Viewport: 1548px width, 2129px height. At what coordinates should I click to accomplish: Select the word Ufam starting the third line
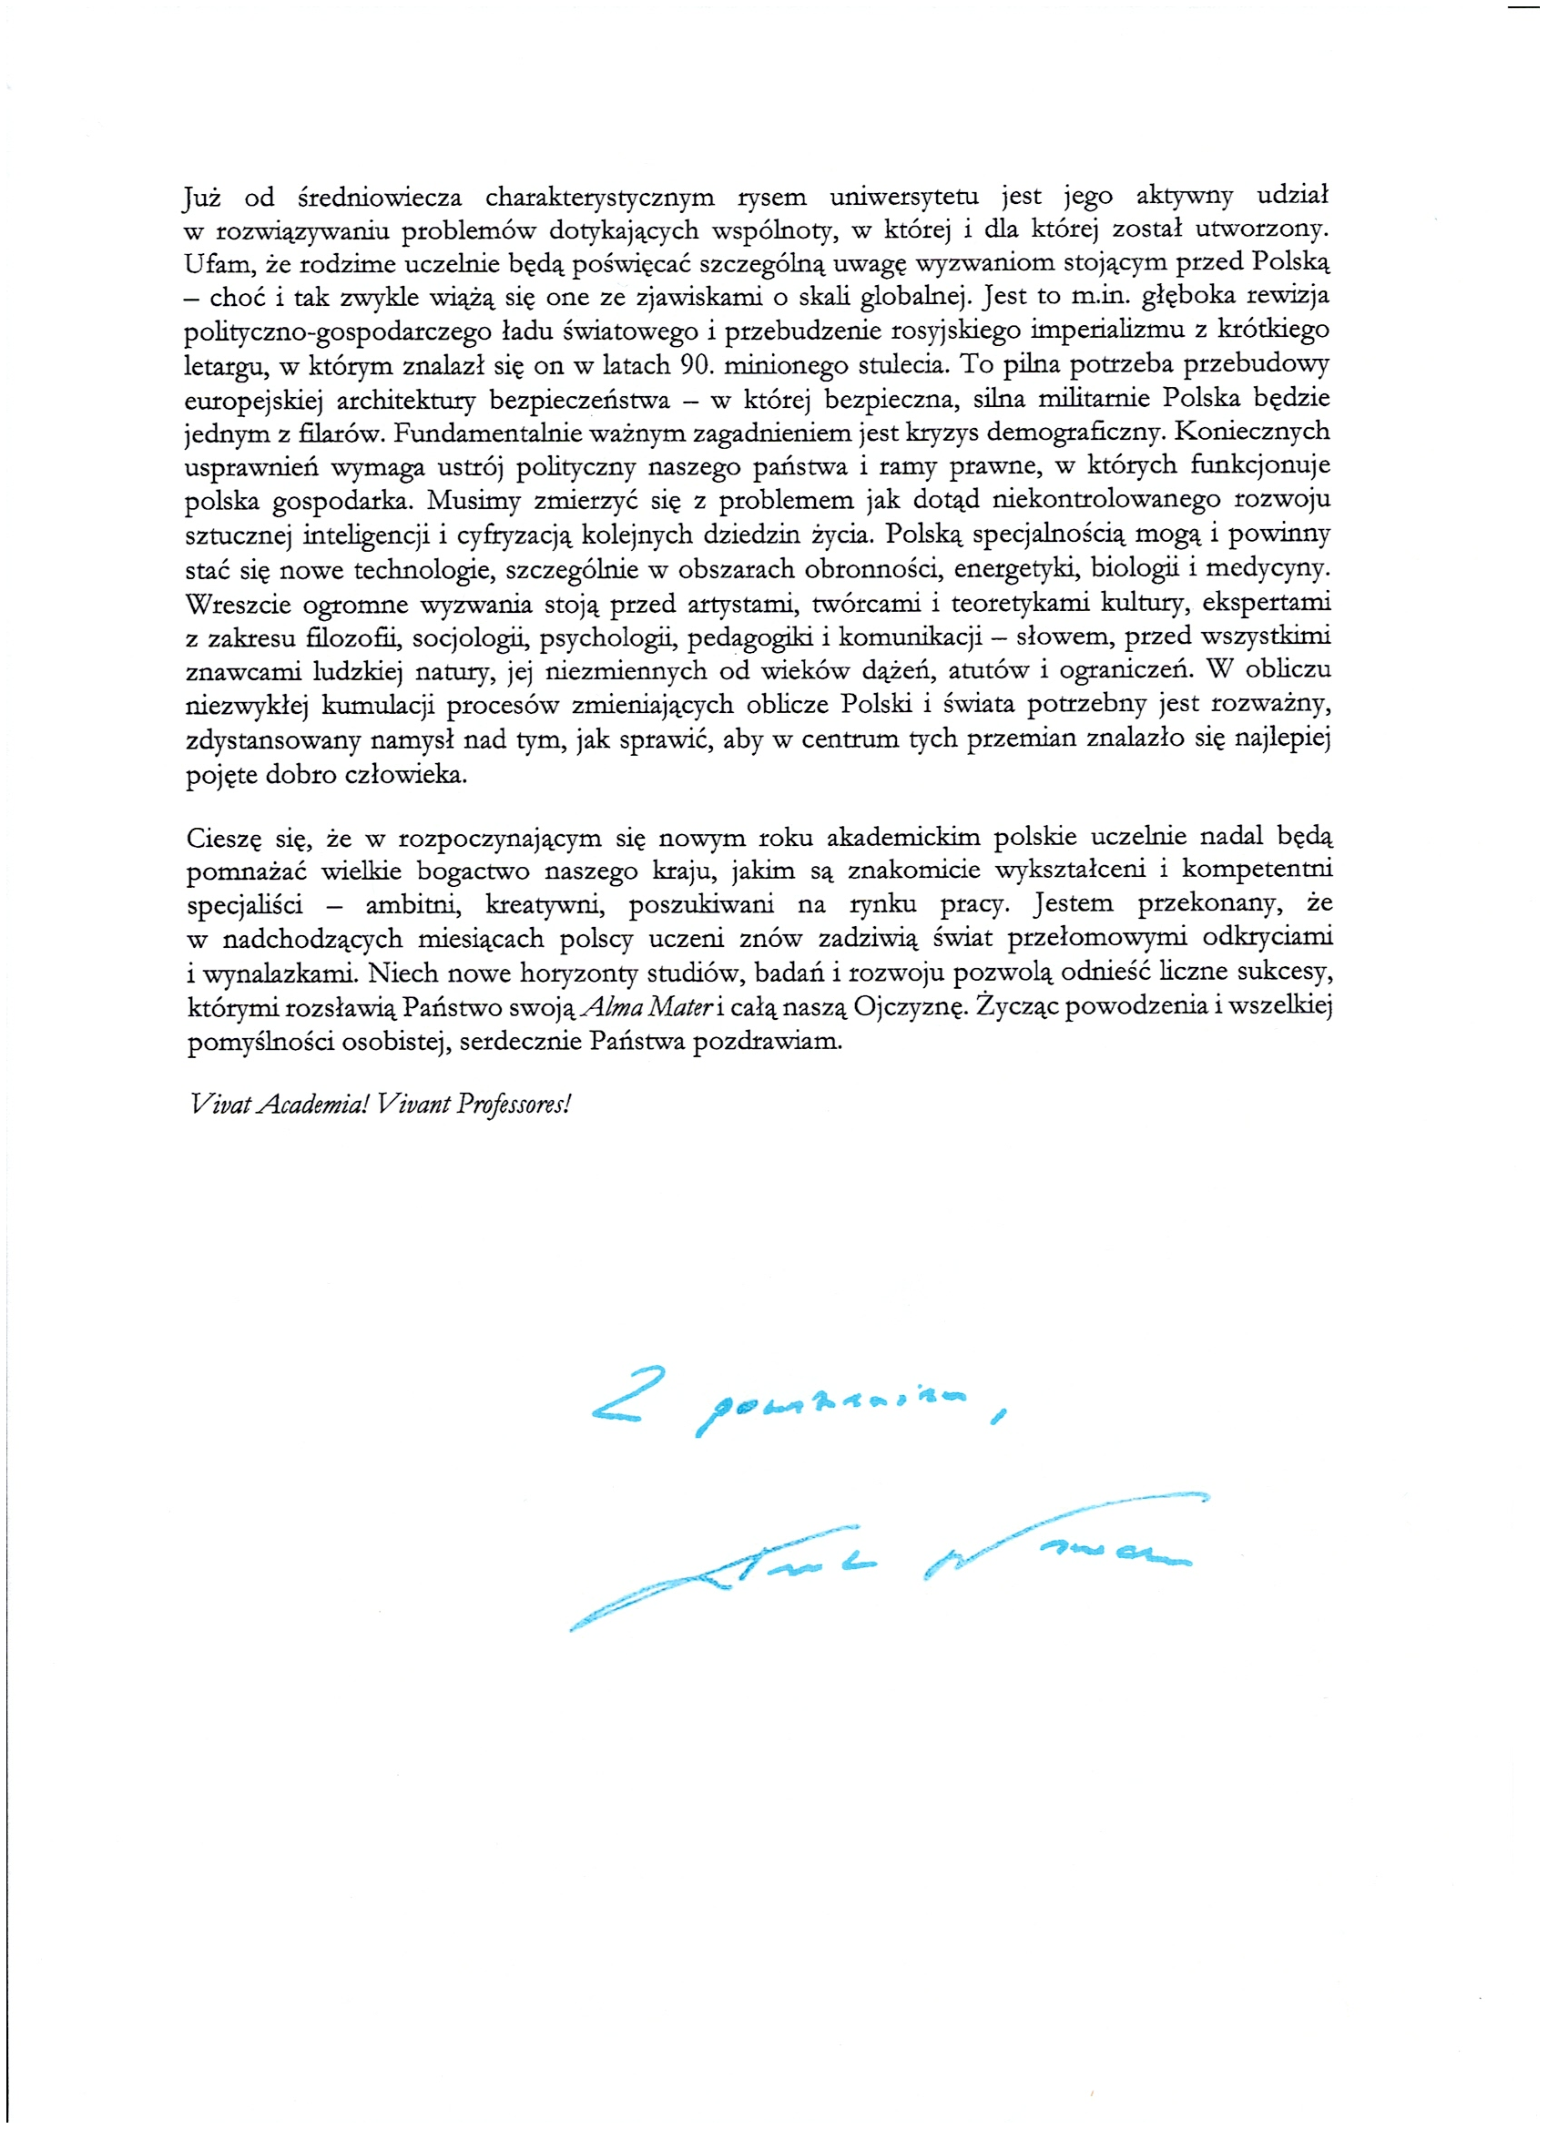214,265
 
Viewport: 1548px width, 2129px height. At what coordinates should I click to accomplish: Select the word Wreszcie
239,603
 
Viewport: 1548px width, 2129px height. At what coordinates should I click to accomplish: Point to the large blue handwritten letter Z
627,1398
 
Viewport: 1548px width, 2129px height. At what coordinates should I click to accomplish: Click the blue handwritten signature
882,1559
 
